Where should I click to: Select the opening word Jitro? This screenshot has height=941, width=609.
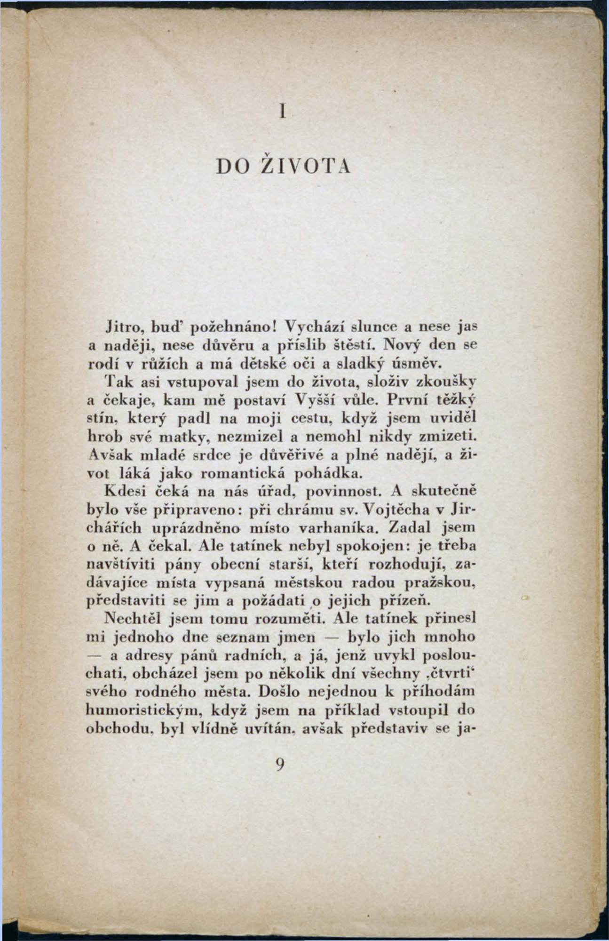coord(122,326)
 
